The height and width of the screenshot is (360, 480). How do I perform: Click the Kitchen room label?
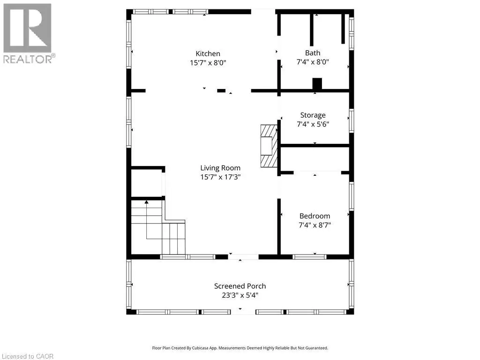208,53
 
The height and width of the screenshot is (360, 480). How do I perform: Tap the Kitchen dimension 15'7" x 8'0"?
208,63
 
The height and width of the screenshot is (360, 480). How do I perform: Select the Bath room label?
313,53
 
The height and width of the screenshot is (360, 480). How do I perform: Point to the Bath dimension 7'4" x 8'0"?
313,62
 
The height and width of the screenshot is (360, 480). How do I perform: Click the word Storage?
313,115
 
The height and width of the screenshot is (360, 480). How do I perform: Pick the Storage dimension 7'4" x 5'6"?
313,124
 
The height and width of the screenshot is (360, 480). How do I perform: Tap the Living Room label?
220,168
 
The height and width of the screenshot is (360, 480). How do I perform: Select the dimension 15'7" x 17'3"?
220,177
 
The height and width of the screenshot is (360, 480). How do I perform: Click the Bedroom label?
315,216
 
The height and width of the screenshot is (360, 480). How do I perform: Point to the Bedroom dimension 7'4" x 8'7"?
315,225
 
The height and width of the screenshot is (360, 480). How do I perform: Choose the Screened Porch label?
240,286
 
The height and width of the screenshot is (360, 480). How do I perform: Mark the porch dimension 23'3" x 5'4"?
240,295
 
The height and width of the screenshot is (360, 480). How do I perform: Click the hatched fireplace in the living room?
269,146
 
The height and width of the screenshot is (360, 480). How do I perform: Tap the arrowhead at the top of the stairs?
146,202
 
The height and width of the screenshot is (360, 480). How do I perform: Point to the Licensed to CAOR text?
28,356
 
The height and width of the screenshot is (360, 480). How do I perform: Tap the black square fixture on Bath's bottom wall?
317,84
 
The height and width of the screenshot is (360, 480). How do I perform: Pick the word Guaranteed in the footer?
318,348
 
